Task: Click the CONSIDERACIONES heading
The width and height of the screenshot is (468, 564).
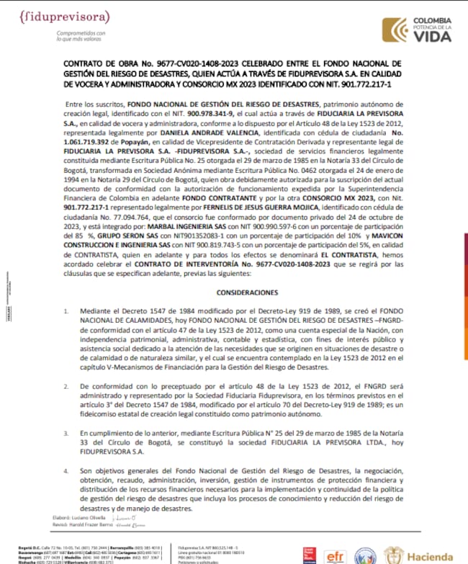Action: (232, 293)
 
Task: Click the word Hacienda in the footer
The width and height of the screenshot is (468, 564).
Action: (431, 555)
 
